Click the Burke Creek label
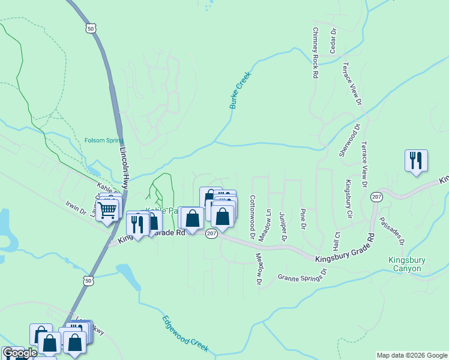pos(239,91)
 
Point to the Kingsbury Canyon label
pos(407,264)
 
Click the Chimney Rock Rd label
pos(315,52)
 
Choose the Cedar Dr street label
pos(332,40)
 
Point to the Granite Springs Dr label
pos(301,275)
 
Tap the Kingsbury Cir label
pos(348,199)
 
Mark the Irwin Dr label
pos(76,208)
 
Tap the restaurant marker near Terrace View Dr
pos(416,161)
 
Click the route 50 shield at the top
pos(91,28)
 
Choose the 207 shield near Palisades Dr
pos(376,197)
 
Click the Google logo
pos(19,353)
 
